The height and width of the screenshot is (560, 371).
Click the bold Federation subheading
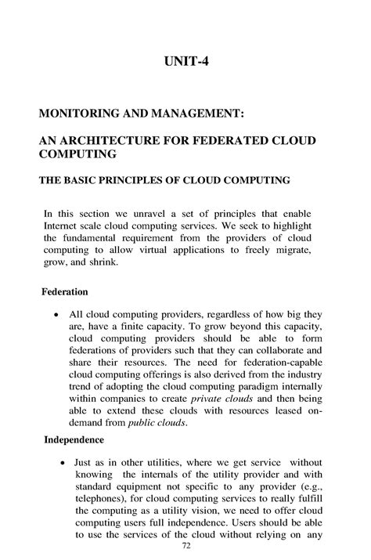tap(64, 292)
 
